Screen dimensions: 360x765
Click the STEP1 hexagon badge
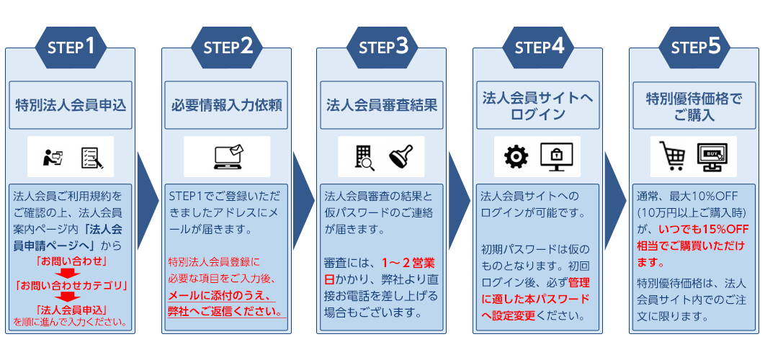tap(71, 48)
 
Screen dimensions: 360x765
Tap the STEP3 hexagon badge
tap(382, 48)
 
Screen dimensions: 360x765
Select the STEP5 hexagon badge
tap(695, 48)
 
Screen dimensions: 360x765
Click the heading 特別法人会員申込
tap(71, 105)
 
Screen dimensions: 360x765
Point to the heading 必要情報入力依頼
tap(226, 105)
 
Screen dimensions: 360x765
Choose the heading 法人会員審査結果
tap(382, 105)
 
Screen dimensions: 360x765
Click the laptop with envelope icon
tap(226, 157)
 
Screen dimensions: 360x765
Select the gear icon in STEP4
tap(516, 156)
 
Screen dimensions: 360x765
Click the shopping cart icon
tap(671, 156)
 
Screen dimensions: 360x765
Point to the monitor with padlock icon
tap(556, 156)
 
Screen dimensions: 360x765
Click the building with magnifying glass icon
tap(364, 157)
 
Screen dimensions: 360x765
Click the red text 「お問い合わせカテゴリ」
tap(71, 284)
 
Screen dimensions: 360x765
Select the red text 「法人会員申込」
tap(71, 310)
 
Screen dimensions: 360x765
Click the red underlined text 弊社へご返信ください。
tap(224, 311)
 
